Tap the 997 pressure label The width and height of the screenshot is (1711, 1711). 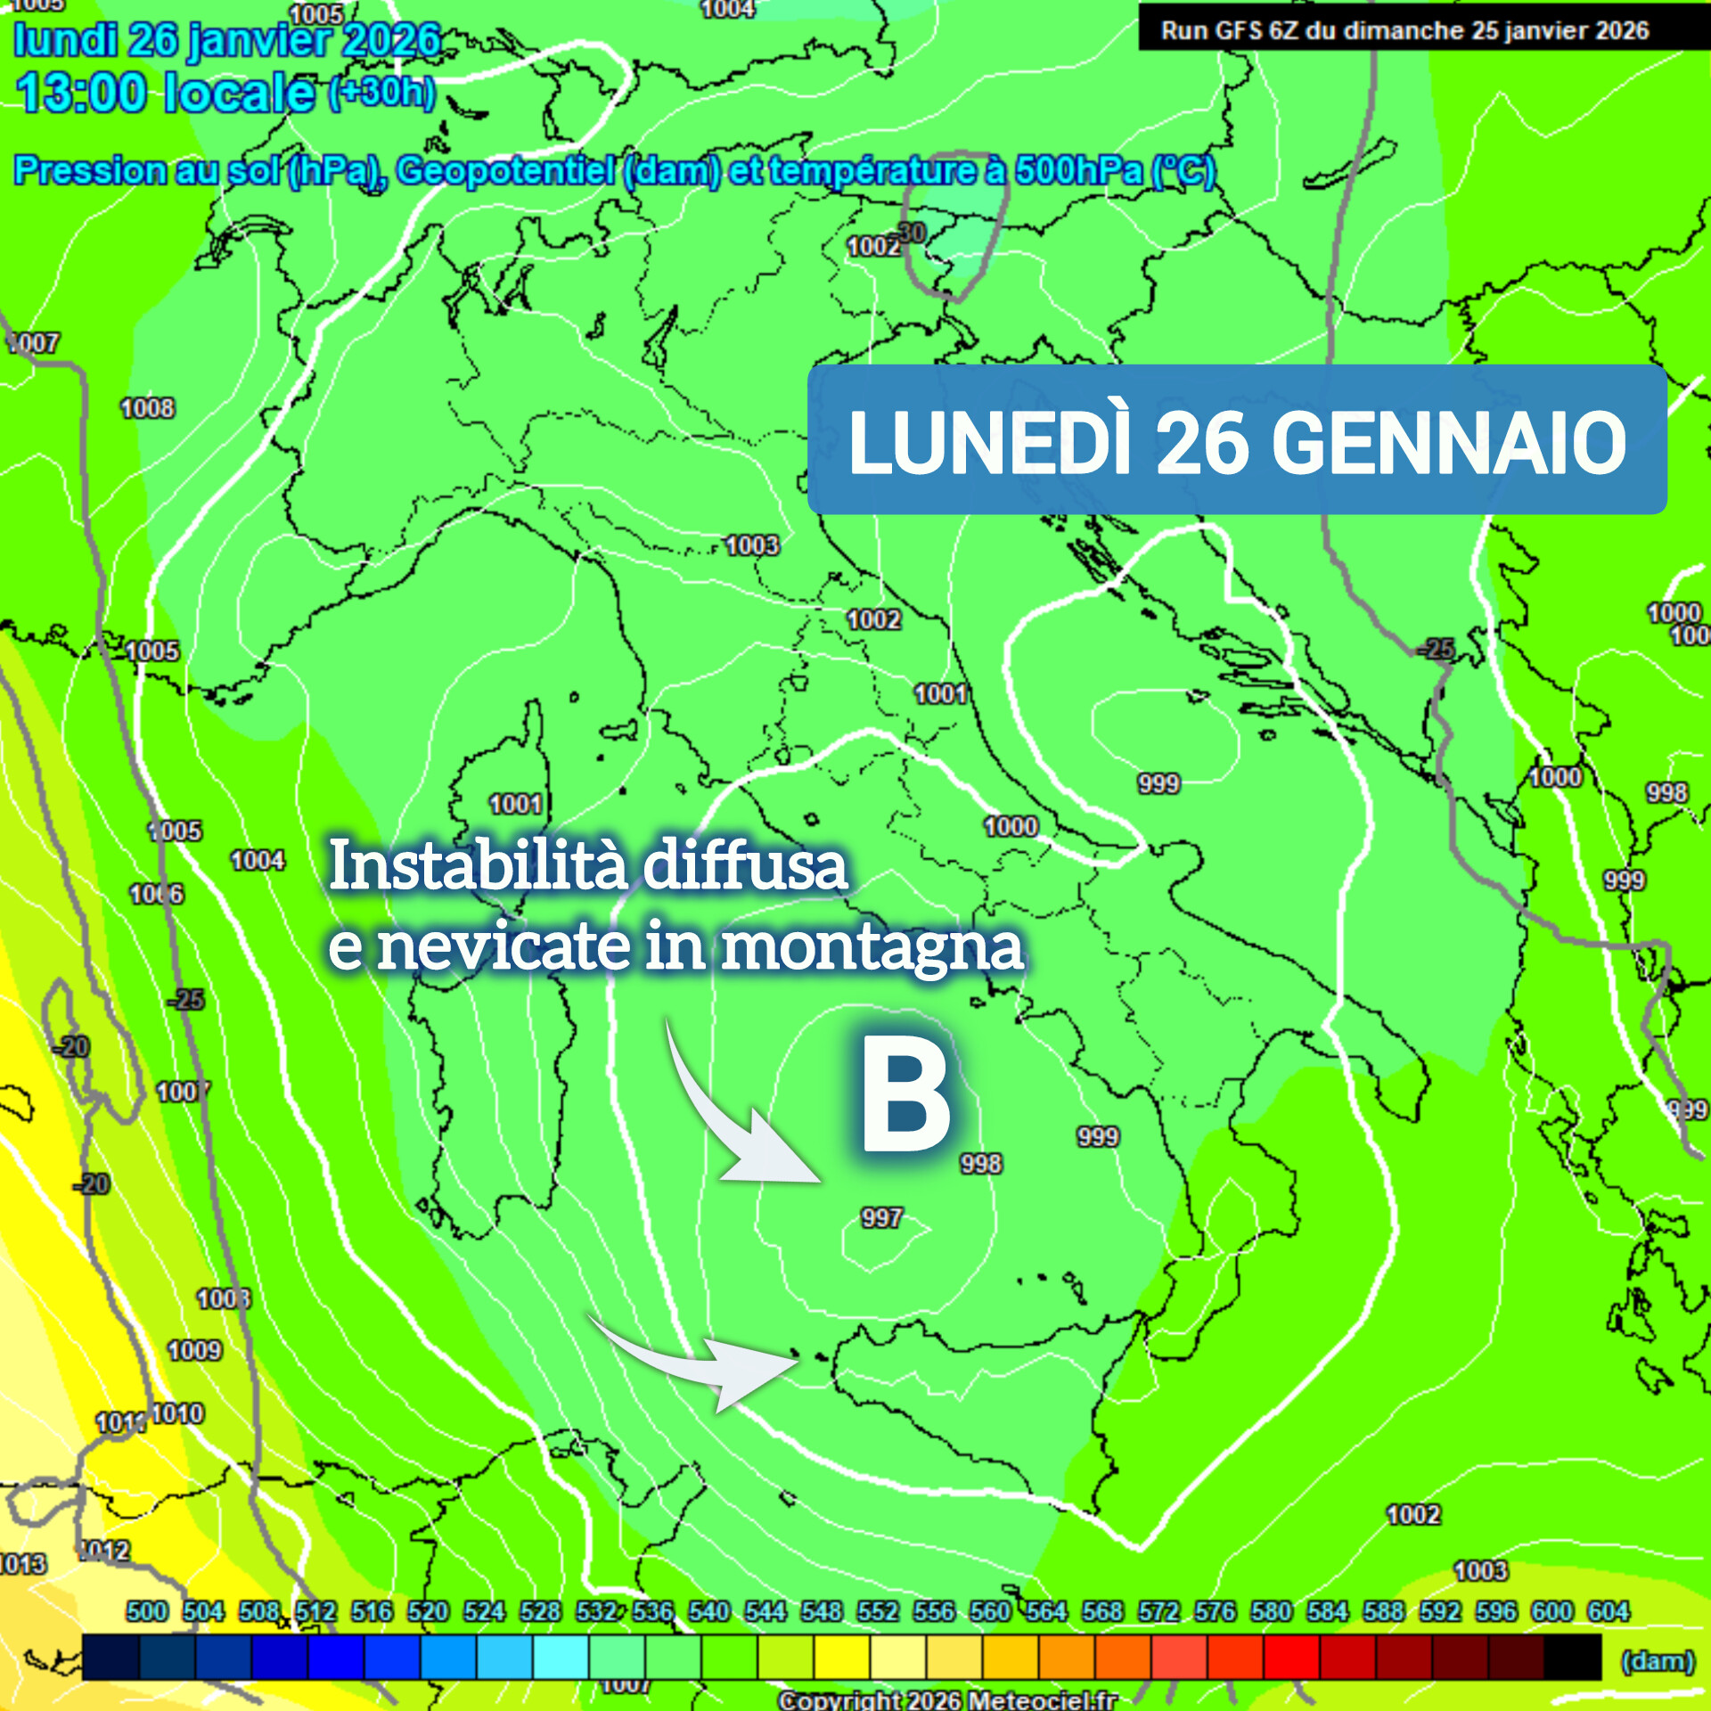point(881,1217)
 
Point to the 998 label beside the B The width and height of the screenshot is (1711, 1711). point(980,1163)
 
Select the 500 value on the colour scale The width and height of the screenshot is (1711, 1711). point(146,1611)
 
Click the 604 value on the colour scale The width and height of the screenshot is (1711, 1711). point(1608,1611)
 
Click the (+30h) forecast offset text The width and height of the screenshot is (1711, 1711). point(382,93)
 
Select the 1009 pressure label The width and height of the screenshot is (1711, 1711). point(194,1350)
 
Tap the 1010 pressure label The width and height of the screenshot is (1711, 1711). point(177,1413)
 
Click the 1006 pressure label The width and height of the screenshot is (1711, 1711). point(157,894)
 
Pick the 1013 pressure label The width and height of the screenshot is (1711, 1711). point(21,1564)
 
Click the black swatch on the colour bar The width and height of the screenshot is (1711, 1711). point(1573,1656)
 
